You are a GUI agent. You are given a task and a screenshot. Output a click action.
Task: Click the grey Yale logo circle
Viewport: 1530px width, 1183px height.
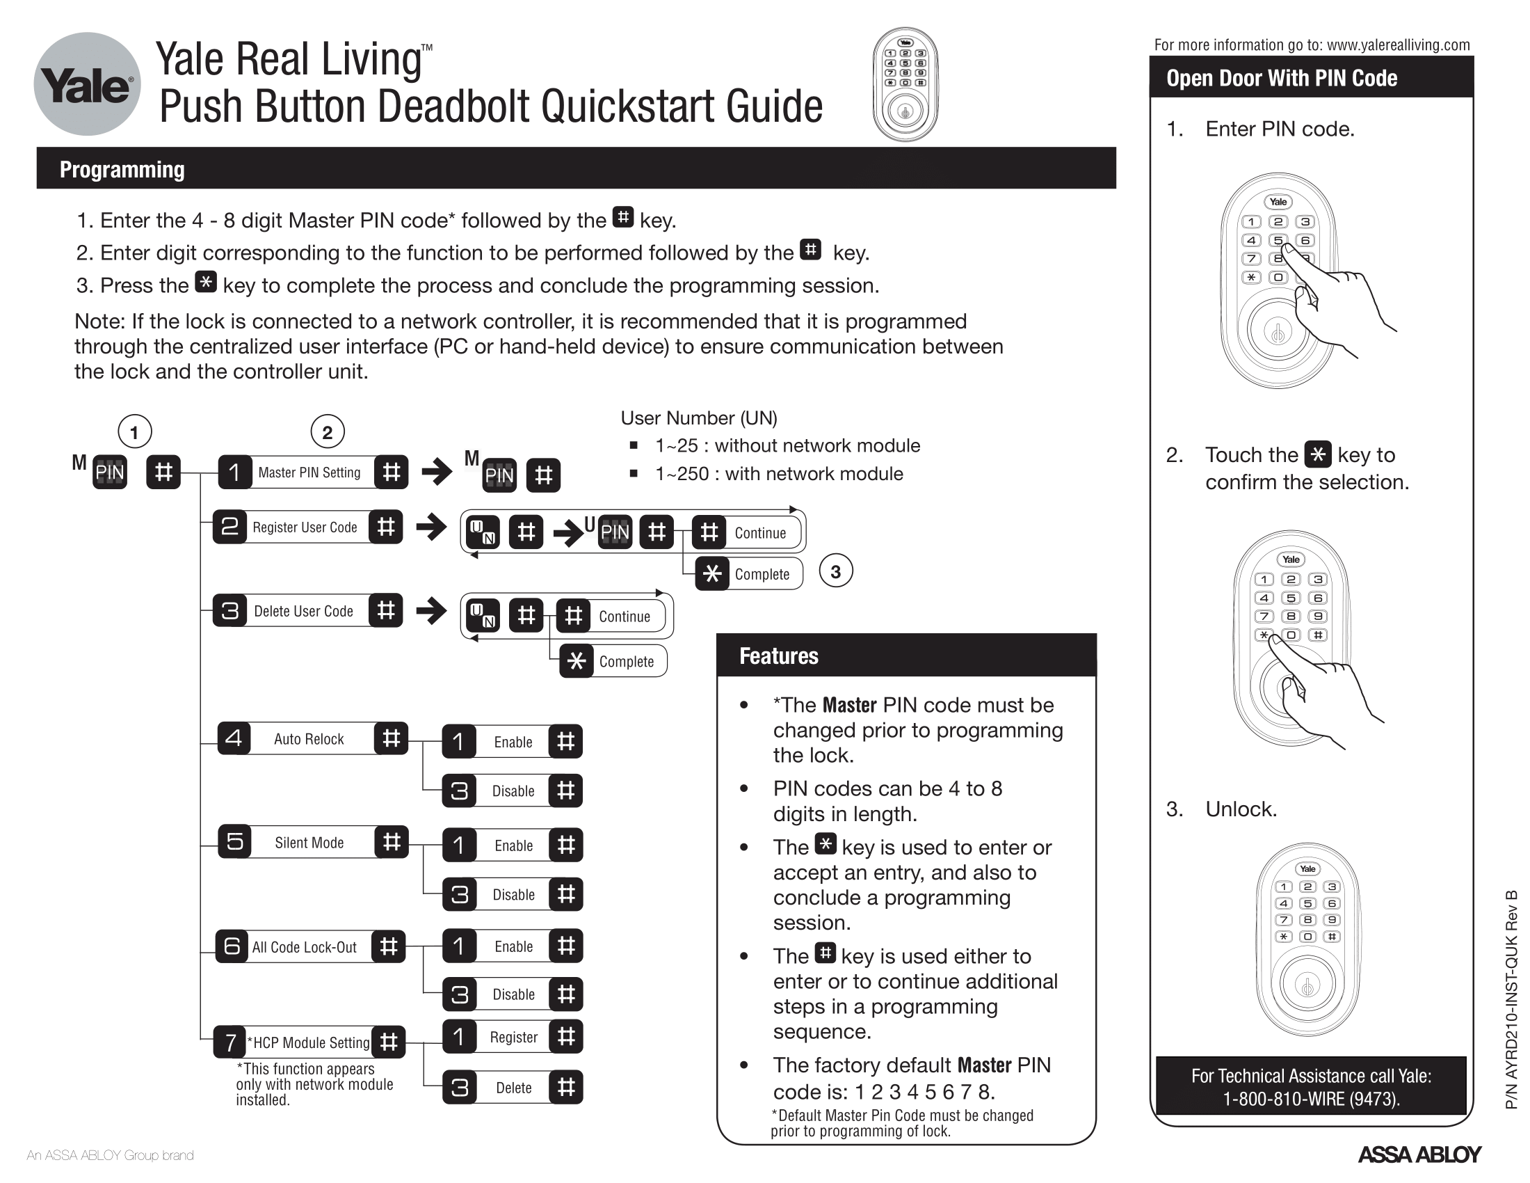click(87, 84)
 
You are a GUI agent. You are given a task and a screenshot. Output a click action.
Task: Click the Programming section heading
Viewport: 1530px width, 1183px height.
click(122, 170)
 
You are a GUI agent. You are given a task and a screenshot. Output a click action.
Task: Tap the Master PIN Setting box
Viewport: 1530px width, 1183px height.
click(309, 473)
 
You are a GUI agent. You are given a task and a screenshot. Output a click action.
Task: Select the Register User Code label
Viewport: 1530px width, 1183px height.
click(305, 527)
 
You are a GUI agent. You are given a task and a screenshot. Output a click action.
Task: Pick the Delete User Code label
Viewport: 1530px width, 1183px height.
click(303, 611)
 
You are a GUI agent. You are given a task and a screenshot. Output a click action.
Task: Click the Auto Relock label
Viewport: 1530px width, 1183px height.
click(308, 738)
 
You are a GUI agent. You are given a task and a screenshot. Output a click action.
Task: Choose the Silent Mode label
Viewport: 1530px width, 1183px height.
click(309, 843)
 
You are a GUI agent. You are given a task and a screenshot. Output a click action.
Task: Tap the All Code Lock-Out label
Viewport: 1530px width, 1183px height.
click(304, 947)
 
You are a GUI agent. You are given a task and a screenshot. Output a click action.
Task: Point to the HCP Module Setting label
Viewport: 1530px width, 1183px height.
click(309, 1042)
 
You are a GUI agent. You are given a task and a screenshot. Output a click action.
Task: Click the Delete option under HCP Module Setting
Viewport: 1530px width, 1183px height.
click(513, 1088)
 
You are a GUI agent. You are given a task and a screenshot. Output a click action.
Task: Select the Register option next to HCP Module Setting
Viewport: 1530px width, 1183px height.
click(513, 1038)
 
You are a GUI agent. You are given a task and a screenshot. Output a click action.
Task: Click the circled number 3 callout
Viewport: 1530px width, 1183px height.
click(835, 572)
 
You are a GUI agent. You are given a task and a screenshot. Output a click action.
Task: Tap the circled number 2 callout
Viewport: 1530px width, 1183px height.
click(327, 432)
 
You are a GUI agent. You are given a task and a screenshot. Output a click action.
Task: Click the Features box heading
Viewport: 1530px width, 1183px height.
click(778, 656)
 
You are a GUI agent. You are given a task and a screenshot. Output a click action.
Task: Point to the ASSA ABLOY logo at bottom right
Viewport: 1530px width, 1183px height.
click(1419, 1154)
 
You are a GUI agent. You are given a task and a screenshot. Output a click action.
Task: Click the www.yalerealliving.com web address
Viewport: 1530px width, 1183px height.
click(1398, 45)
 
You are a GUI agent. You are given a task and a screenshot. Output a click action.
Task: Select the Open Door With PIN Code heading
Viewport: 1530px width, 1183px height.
click(1281, 78)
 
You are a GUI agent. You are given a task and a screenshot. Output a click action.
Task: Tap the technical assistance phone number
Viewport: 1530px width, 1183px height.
click(1311, 1099)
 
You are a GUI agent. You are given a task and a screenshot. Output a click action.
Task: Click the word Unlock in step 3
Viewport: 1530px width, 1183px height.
click(1241, 809)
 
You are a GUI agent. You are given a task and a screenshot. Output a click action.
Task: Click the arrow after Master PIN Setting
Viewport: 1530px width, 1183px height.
click(437, 472)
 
